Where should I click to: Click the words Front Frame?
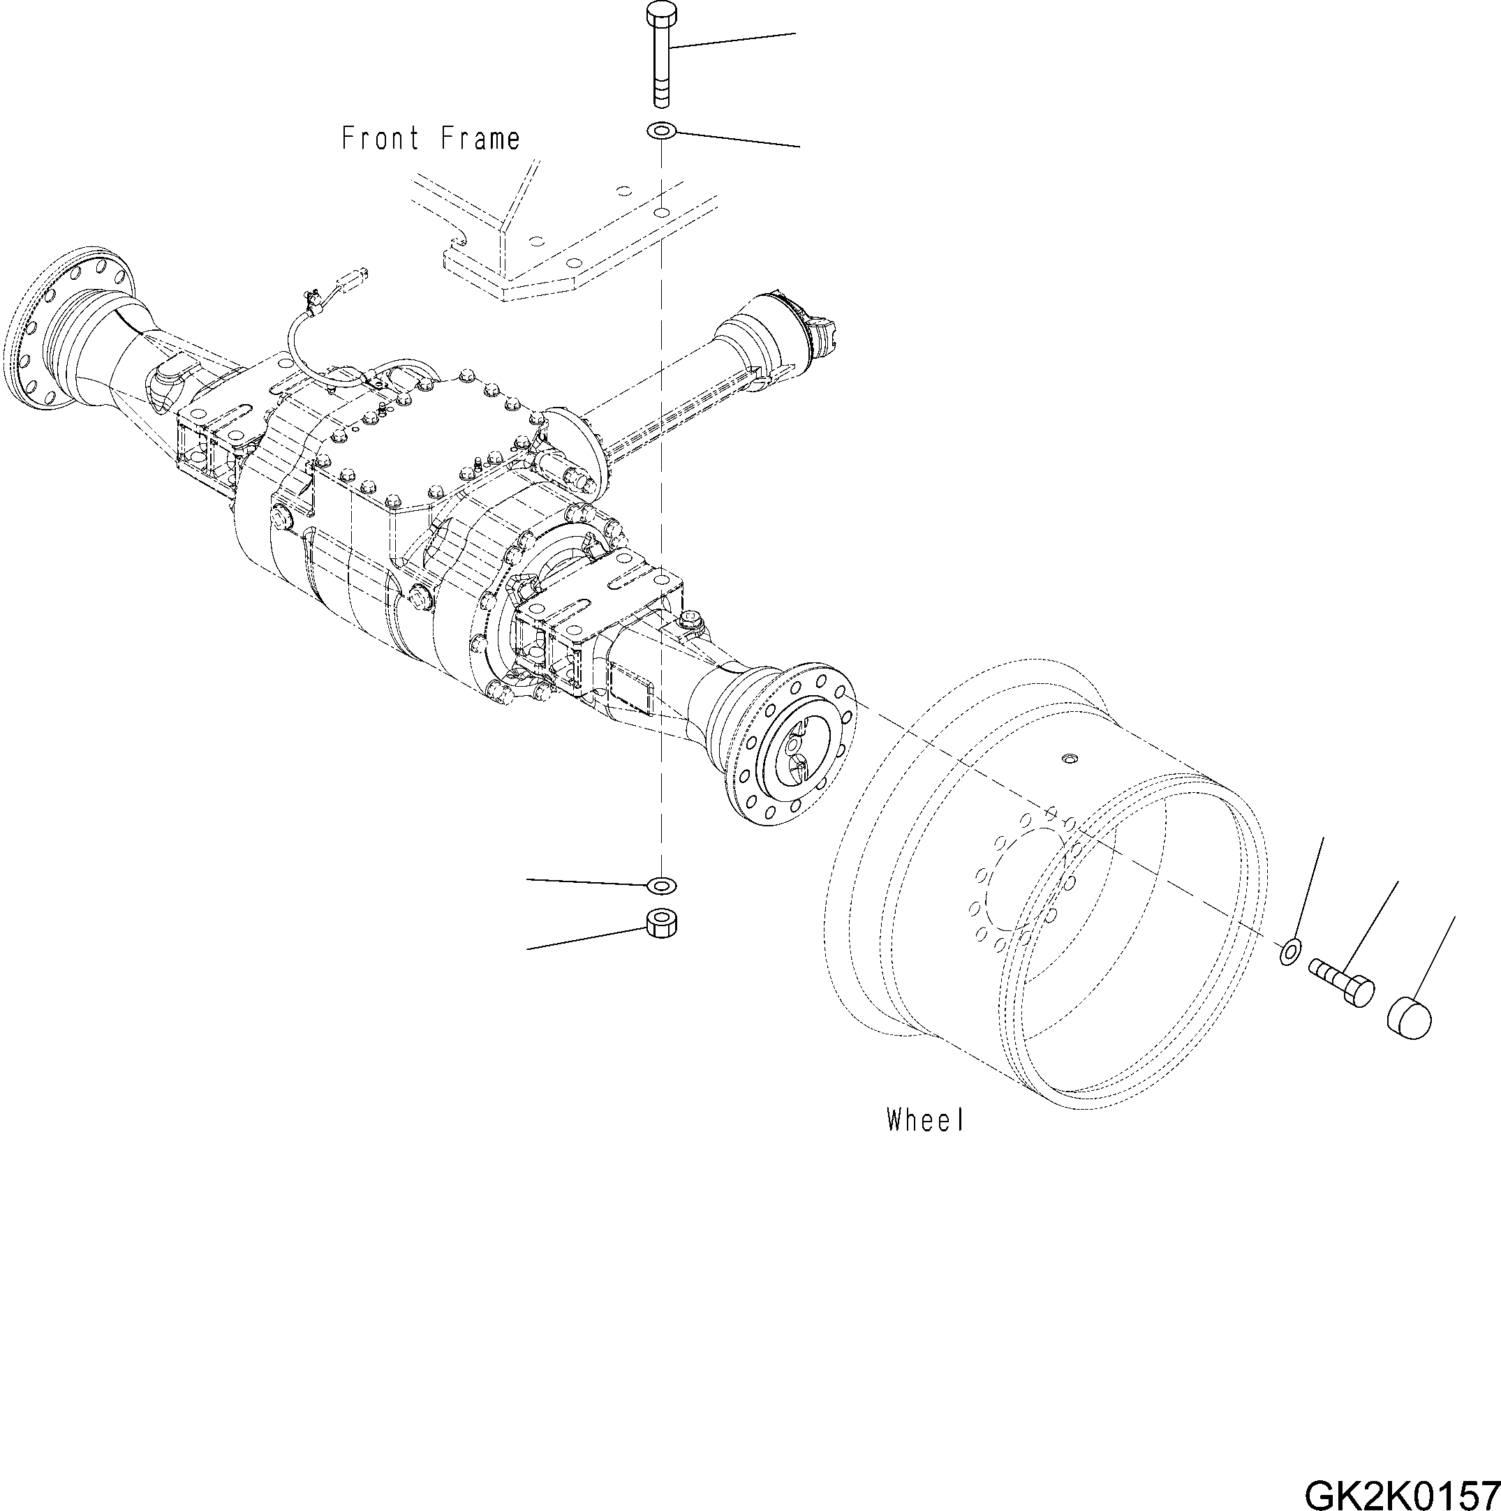coord(430,139)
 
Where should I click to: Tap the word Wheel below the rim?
coord(924,1120)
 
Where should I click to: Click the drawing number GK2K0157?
coord(1399,1491)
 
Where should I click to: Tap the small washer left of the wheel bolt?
coord(1291,951)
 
